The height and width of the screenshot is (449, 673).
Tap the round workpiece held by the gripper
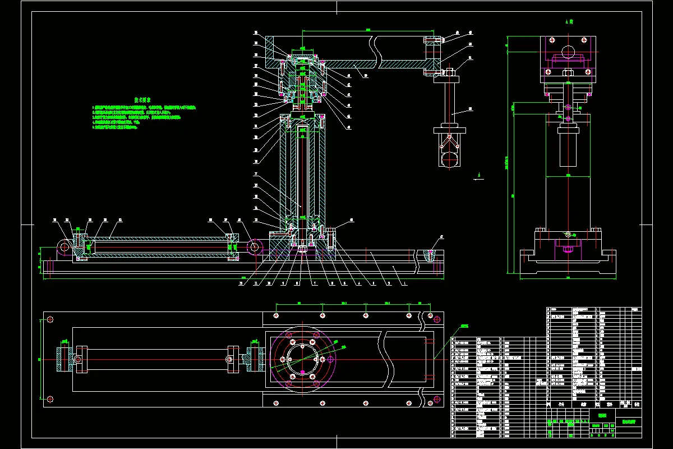tap(450, 160)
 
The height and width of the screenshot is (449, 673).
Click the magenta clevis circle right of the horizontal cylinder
tap(255, 246)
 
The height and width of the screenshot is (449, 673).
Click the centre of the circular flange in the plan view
tap(303, 359)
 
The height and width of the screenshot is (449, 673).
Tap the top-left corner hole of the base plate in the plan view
tap(50, 319)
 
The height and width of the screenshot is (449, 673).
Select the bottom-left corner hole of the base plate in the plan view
tap(50, 399)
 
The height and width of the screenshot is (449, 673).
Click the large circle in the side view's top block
tap(568, 51)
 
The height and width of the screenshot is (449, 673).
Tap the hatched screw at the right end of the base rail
tap(430, 256)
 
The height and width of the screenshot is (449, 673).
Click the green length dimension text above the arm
tap(368, 29)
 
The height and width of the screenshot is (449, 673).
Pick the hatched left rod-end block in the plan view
tap(61, 359)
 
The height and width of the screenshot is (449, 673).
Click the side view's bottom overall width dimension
tap(568, 277)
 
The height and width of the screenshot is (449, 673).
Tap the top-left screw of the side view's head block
tap(552, 42)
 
